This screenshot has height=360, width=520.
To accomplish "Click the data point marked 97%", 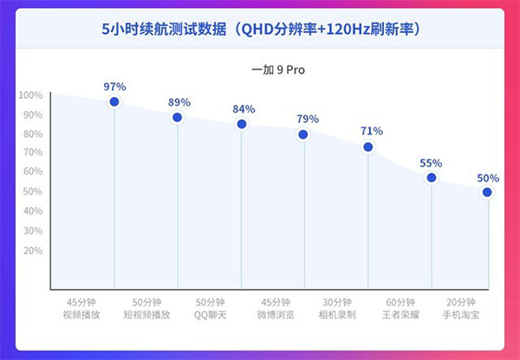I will (114, 102).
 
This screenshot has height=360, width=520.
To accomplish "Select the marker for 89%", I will (178, 118).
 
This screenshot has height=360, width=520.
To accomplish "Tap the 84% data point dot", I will (242, 124).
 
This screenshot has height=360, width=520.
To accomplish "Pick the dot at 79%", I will (303, 134).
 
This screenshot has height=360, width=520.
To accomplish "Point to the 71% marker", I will (368, 147).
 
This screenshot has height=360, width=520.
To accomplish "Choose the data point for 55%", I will (432, 178).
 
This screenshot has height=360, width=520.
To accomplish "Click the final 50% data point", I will (488, 193).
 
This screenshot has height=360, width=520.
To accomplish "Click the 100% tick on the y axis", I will (30, 95).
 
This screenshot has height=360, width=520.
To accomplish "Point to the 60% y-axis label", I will (32, 172).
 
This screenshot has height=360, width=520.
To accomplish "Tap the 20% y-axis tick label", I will (32, 250).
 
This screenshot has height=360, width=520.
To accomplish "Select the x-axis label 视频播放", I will (83, 315).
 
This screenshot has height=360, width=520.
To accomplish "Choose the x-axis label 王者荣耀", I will (400, 315).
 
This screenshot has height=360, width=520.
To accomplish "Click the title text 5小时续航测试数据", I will (163, 29).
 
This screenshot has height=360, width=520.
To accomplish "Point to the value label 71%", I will (371, 131).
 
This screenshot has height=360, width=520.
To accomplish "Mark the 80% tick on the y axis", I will (32, 134).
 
